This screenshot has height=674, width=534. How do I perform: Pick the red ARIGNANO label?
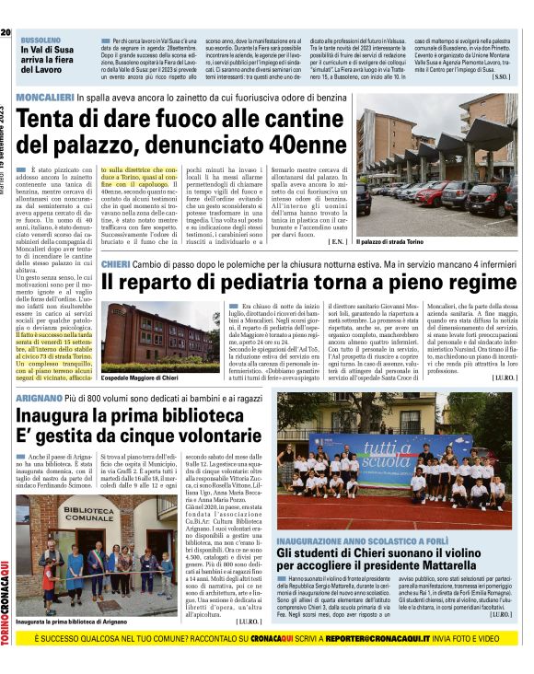click(x=43, y=397)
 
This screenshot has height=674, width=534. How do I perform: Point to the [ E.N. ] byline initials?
click(x=337, y=241)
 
